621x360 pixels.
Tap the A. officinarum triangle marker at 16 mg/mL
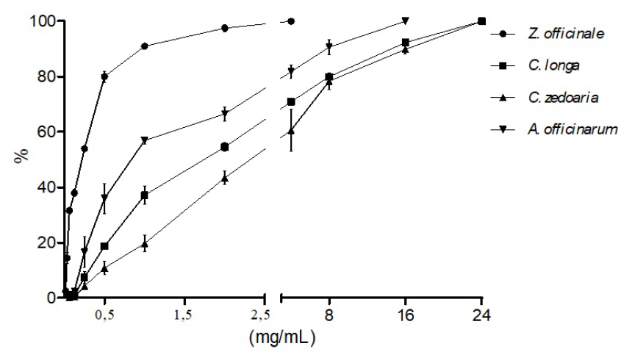point(406,21)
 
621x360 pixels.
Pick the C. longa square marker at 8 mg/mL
point(329,77)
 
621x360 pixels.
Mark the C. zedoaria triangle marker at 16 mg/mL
point(406,49)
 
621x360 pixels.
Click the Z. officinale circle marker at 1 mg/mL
point(144,46)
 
